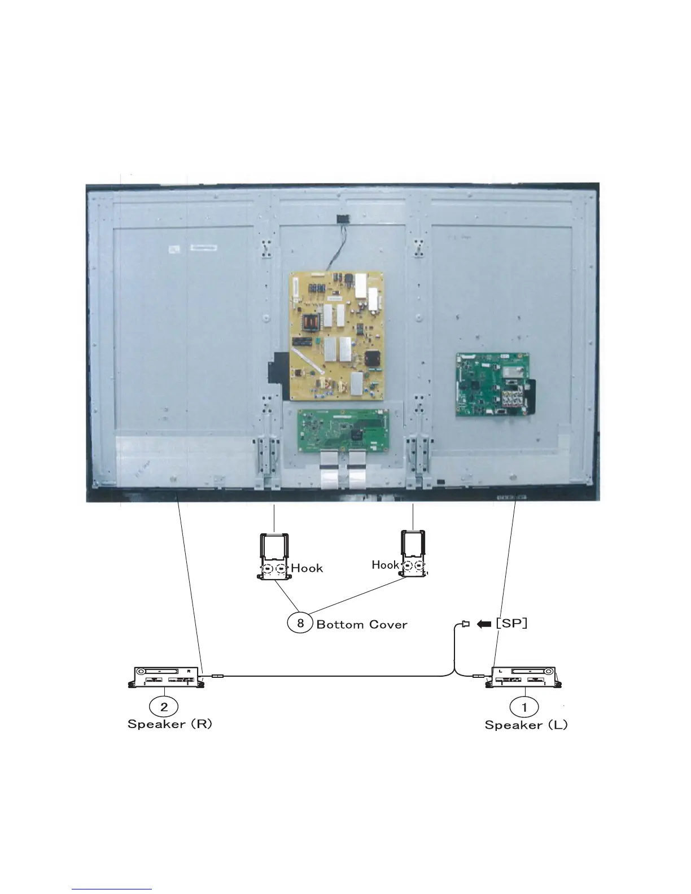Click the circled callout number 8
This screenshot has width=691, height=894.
[300, 623]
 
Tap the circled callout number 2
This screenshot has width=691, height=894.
[164, 706]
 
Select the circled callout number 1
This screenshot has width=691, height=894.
[524, 707]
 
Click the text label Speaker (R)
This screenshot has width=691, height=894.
[170, 724]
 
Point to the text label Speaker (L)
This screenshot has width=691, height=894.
[526, 725]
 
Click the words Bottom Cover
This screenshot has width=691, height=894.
[362, 624]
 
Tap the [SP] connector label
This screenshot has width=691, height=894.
[511, 623]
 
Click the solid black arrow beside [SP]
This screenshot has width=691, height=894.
[483, 624]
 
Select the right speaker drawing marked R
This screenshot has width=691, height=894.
[166, 677]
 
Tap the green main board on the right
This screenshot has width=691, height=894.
[492, 385]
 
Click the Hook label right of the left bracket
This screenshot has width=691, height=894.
[307, 568]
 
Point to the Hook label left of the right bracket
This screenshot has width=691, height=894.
[386, 564]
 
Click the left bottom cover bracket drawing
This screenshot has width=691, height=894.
[274, 556]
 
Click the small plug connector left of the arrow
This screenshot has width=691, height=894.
[466, 624]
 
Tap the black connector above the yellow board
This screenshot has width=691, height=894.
[340, 218]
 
